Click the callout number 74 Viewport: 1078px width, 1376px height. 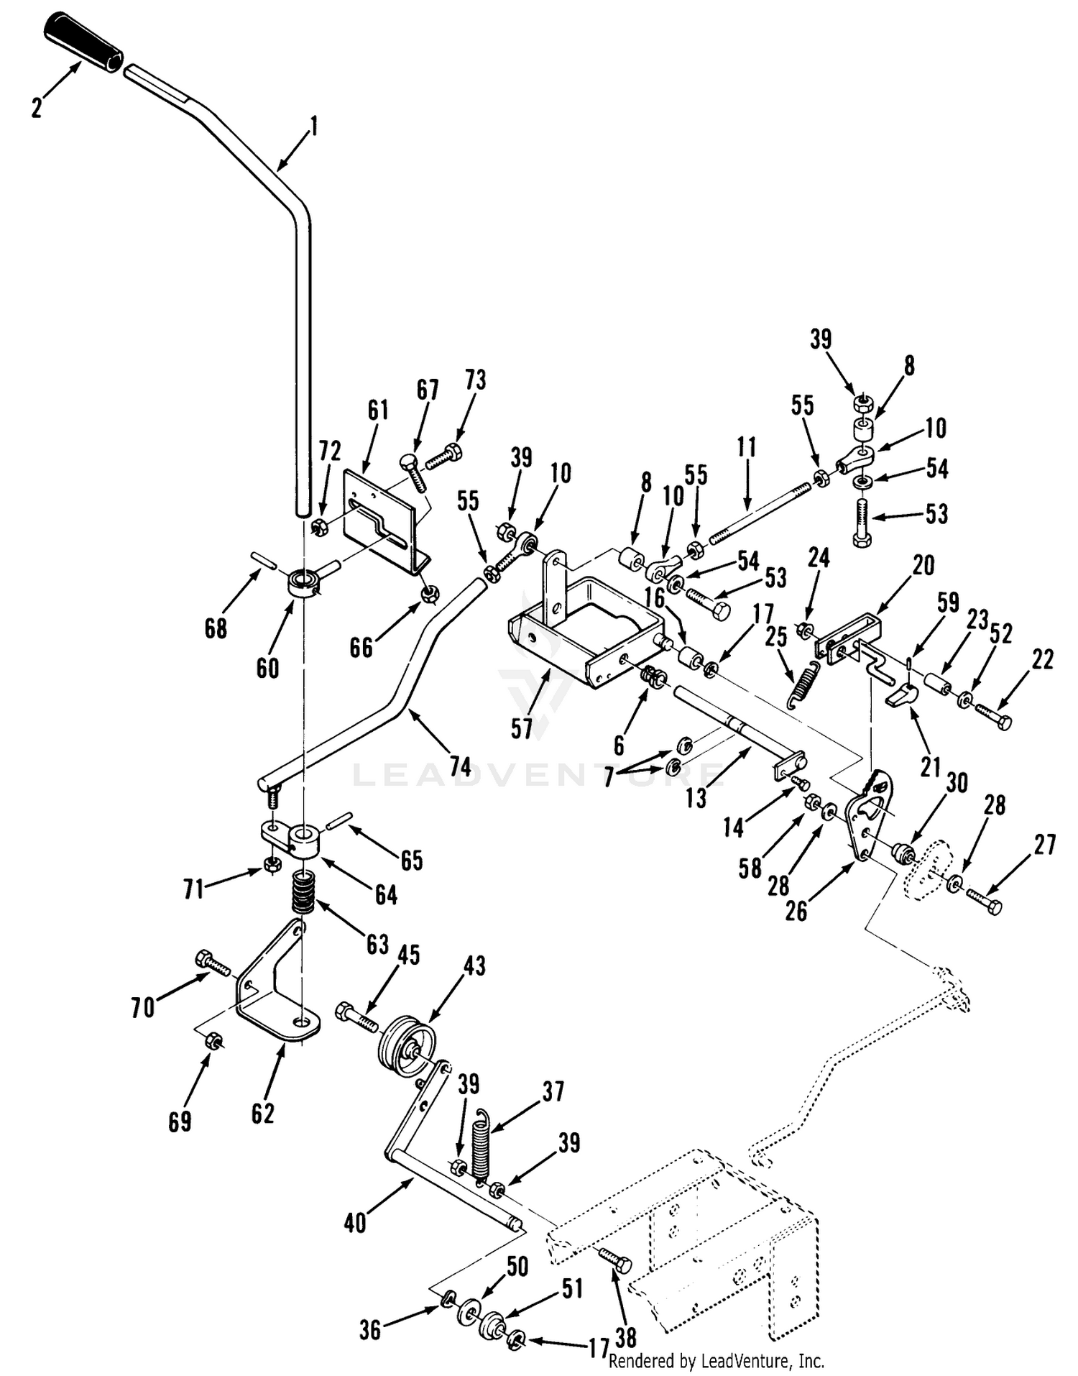[x=460, y=766]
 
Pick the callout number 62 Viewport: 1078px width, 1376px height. [x=262, y=1113]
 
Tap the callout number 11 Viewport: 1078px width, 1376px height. [x=747, y=447]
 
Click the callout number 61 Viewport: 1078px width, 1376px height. [x=378, y=410]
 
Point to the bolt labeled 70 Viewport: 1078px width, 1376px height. [x=213, y=963]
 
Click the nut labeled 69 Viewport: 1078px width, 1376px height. [x=213, y=1041]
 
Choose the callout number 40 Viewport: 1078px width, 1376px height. [x=355, y=1222]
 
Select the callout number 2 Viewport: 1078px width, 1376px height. [x=37, y=107]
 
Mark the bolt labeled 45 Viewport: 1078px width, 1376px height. [x=356, y=1017]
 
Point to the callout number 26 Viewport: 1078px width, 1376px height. [x=796, y=911]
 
